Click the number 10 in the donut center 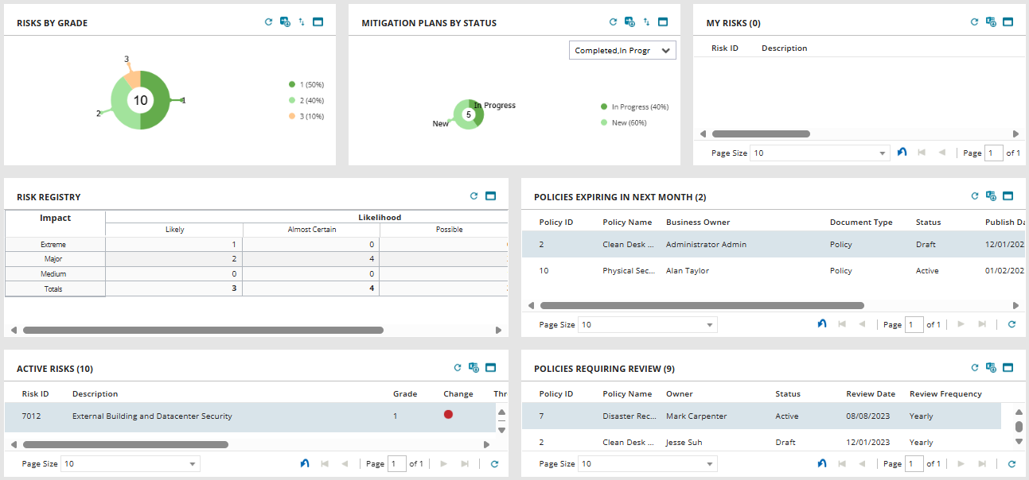[x=141, y=100]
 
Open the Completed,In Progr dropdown [x=622, y=50]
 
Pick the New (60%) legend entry [x=628, y=122]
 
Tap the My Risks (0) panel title [x=733, y=23]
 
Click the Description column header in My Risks [x=784, y=48]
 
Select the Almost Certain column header [x=311, y=230]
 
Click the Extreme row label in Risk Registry [x=55, y=245]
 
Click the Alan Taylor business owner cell [x=687, y=271]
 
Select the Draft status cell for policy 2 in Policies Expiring [x=926, y=245]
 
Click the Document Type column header [x=861, y=223]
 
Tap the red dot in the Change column [x=448, y=415]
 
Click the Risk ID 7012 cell [x=32, y=416]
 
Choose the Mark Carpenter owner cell [x=696, y=416]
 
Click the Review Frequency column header [x=945, y=394]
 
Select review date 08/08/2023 [x=867, y=416]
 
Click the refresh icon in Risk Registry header [x=474, y=195]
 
